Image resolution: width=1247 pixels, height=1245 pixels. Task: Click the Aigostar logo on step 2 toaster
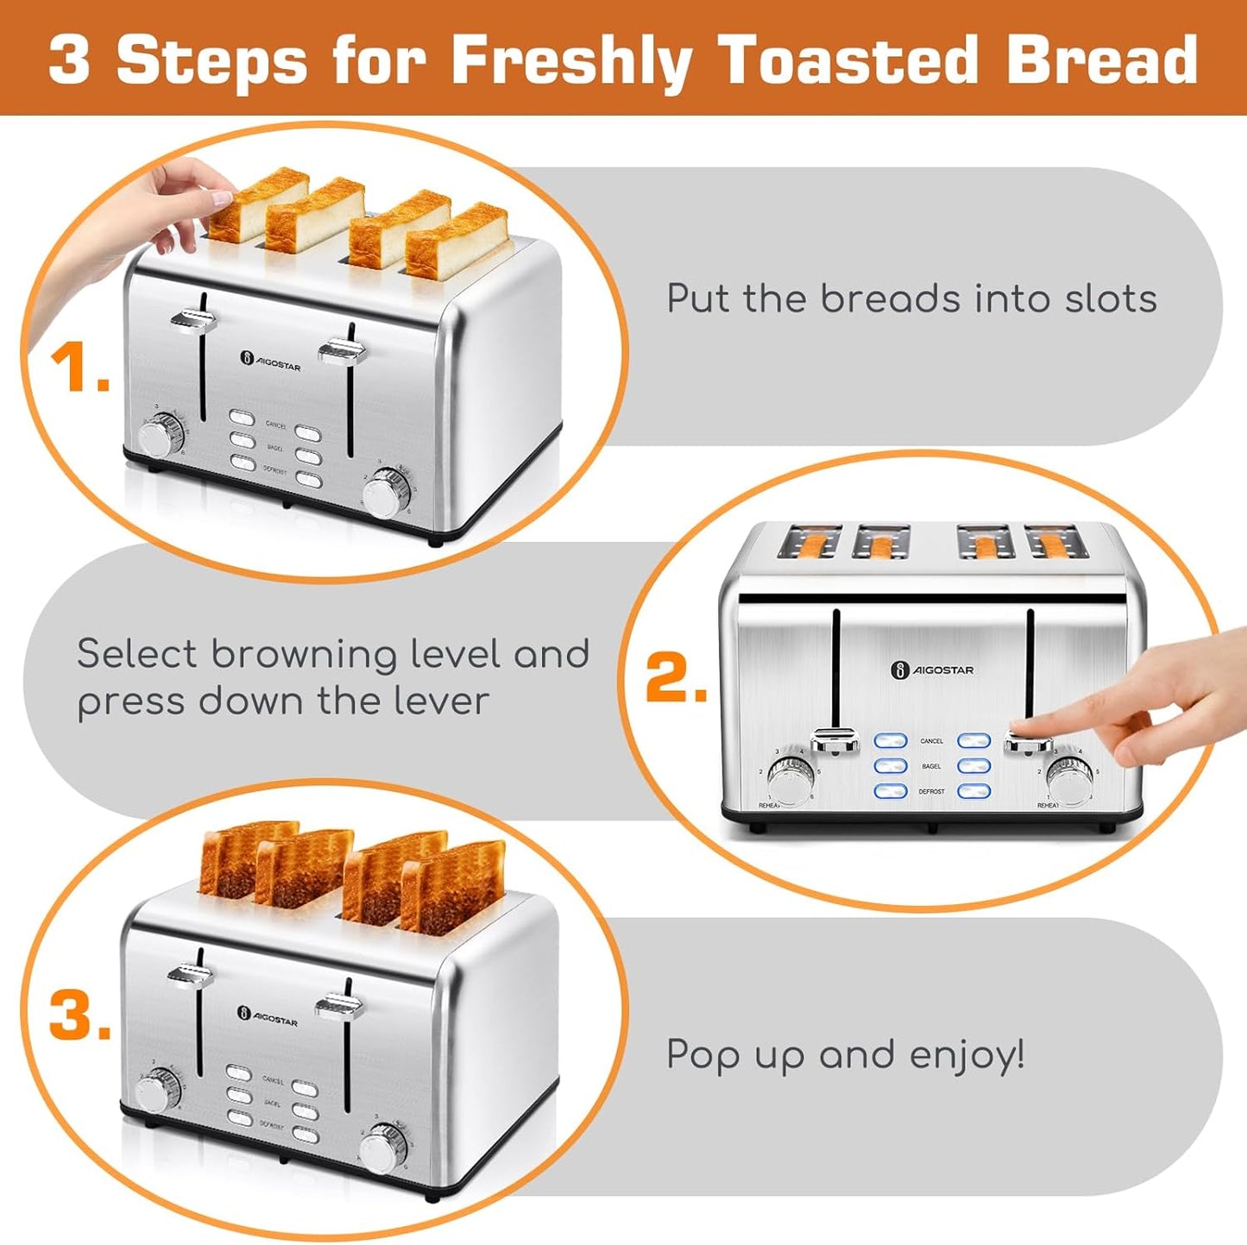[x=932, y=670]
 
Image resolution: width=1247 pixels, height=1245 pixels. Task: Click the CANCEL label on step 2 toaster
[x=931, y=741]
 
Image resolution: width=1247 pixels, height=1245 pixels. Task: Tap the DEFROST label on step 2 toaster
[x=931, y=791]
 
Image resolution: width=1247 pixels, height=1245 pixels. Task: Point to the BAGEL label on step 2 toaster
[x=931, y=766]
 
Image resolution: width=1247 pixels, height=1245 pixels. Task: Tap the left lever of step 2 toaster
[x=835, y=740]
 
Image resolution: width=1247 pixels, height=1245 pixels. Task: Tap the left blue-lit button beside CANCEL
[x=891, y=741]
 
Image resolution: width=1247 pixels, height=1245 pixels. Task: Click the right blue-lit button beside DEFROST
[x=973, y=791]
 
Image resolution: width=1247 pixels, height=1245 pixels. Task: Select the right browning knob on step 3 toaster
[x=382, y=1148]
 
